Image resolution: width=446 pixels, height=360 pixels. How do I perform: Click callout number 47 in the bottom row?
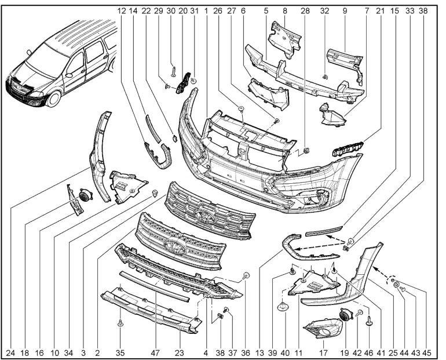point(155,353)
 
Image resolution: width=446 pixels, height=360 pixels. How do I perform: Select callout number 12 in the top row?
point(121,11)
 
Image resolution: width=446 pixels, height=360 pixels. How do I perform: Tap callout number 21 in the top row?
point(380,11)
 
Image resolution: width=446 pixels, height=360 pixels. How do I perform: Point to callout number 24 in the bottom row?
point(10,353)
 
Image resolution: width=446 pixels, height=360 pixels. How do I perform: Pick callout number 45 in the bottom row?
point(427,353)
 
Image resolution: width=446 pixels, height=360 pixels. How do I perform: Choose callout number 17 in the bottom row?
point(323,353)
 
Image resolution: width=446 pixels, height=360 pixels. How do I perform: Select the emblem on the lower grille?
point(175,245)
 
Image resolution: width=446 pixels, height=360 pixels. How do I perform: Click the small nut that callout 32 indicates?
point(324,77)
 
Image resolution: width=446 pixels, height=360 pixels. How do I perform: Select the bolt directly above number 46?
point(369,321)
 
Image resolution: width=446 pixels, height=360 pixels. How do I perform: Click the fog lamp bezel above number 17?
point(322,328)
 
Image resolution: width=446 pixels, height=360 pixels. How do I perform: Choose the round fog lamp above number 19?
point(346,314)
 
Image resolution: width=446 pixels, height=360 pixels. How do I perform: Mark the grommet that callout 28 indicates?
point(306,151)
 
